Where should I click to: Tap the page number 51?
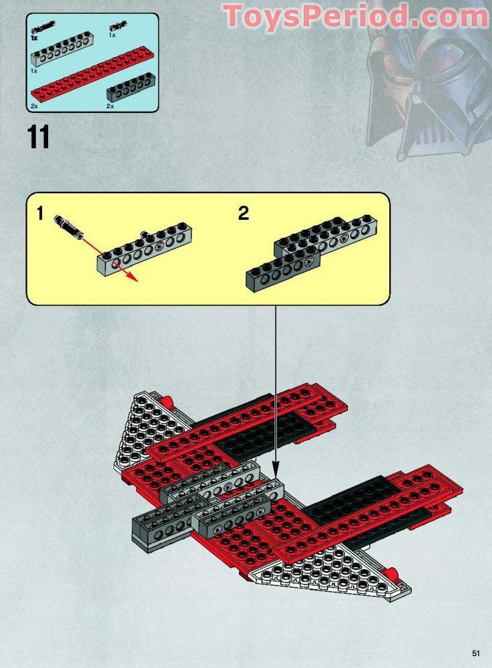(475, 653)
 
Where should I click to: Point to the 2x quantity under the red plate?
(34, 106)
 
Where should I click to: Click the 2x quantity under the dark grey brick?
(110, 106)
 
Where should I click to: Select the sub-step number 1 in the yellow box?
(40, 214)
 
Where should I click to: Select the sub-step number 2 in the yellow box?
(244, 214)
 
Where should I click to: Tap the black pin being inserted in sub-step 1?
(69, 224)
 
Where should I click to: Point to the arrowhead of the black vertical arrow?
(275, 462)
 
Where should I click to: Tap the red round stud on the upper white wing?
(167, 401)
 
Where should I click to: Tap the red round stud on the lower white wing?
(393, 572)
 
